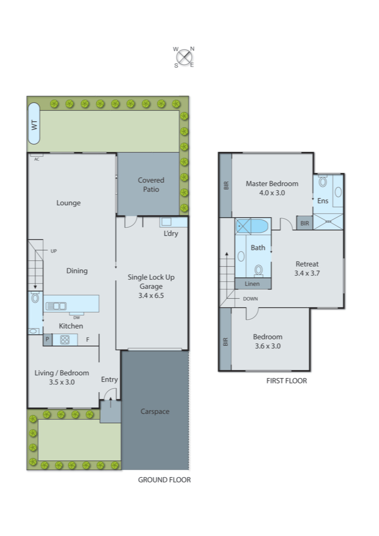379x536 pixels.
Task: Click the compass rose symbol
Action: point(184,57)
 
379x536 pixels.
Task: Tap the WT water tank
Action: point(34,124)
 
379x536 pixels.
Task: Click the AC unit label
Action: point(37,159)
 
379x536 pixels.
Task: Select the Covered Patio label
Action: point(151,185)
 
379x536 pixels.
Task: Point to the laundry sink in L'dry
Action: point(166,222)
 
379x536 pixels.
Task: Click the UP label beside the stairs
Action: point(54,251)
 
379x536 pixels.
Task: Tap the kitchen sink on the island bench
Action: point(56,306)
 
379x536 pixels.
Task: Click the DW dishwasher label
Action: point(77,318)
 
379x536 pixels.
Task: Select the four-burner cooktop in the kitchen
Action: point(65,340)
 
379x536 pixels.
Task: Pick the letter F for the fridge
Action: point(88,340)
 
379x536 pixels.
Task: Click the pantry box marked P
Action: point(47,339)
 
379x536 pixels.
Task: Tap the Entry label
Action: point(109,380)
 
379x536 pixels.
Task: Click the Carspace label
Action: point(155,411)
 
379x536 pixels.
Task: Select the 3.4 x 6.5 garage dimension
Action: point(151,295)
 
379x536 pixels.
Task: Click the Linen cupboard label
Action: point(252,284)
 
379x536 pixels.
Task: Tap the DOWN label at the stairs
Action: point(250,299)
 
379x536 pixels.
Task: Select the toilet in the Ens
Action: point(323,181)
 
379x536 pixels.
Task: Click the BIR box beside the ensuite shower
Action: point(304,223)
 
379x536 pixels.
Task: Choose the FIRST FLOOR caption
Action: point(286,381)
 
